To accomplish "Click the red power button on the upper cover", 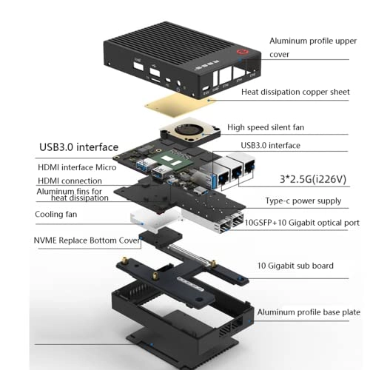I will point(241,53).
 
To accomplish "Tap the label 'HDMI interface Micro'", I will point(75,168).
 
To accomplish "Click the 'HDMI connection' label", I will point(70,181).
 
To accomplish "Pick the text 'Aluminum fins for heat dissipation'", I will point(72,194).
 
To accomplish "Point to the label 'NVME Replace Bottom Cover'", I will point(86,240).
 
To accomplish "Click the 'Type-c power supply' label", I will point(303,201).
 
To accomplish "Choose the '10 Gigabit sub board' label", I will point(295,266).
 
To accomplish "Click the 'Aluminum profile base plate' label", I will point(309,313).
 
